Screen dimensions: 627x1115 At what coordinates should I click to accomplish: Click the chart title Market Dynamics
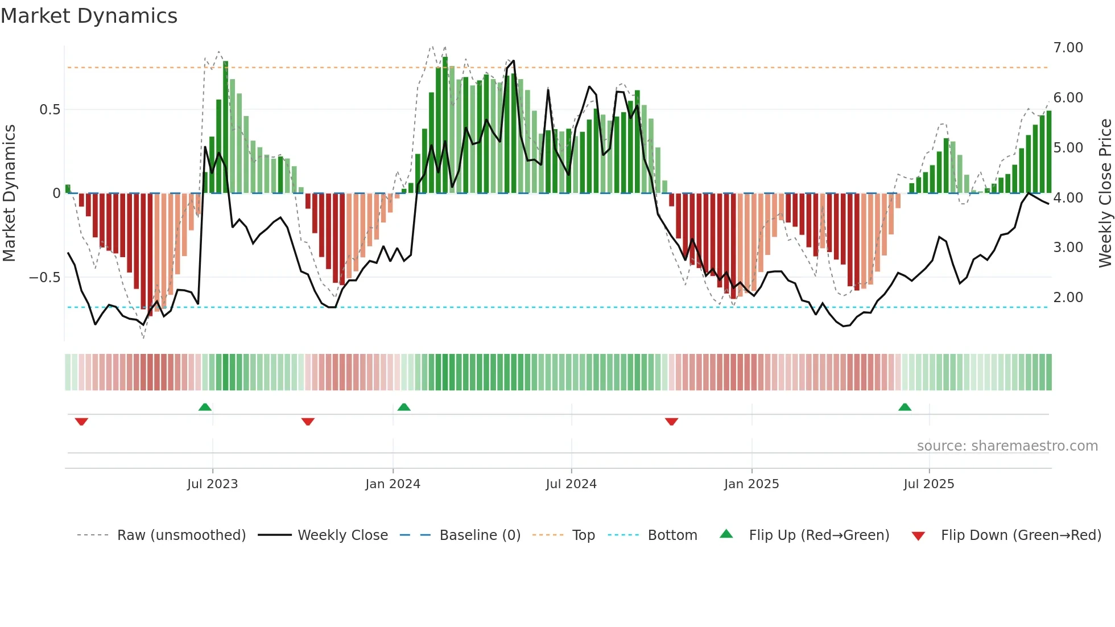89,16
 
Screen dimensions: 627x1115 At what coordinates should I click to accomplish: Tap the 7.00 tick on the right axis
1068,48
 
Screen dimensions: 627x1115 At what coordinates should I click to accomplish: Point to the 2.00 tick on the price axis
1068,298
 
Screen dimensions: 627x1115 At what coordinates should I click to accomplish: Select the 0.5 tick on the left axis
49,110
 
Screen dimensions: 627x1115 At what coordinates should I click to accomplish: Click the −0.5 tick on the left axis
45,278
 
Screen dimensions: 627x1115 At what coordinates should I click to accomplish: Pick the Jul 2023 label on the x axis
212,484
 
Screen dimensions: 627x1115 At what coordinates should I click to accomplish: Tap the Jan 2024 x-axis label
393,484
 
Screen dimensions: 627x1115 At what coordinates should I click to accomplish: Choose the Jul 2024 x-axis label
571,484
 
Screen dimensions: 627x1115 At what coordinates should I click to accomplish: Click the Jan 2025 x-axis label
751,484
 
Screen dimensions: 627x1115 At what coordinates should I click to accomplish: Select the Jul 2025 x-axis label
929,484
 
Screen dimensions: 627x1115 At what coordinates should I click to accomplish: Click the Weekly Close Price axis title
1105,193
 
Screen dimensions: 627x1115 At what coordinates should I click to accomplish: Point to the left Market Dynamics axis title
9,193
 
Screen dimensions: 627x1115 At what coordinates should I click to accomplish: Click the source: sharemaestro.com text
1007,446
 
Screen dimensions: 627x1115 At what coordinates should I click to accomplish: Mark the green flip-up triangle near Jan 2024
404,407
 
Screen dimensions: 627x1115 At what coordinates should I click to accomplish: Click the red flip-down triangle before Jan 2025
671,422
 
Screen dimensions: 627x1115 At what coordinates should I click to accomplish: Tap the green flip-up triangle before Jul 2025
905,407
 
